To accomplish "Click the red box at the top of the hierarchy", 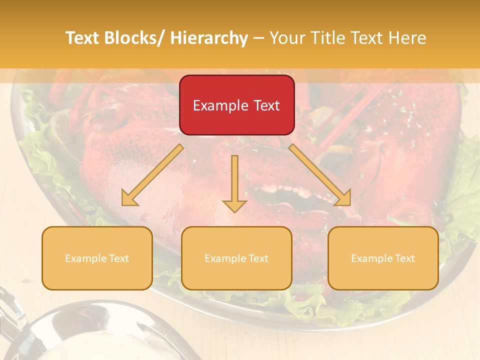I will (x=236, y=105).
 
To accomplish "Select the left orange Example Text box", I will (x=97, y=258).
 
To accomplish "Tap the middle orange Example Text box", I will (x=236, y=258).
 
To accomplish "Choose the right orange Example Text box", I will (x=383, y=258).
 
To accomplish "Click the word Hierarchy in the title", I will (x=209, y=38).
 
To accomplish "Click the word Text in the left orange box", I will (x=118, y=258).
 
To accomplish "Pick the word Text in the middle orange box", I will (x=258, y=258).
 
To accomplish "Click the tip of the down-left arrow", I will (x=123, y=204).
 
